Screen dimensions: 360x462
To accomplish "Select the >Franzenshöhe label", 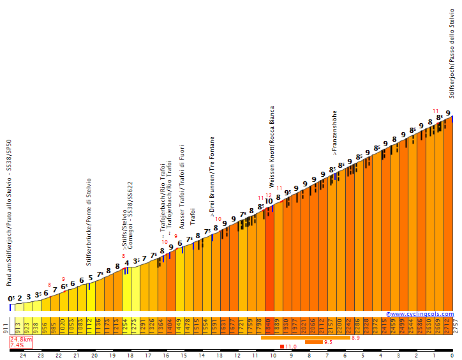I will [334, 133].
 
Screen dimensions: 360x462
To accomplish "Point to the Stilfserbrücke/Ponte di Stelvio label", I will [90, 221].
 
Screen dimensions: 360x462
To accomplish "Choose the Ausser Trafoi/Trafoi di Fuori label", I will [182, 187].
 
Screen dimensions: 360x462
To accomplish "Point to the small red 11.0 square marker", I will [282, 347].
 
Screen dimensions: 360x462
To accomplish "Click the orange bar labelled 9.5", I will [313, 342].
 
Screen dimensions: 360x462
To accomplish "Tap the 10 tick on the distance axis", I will [273, 355].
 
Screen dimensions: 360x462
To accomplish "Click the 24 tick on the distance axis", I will [23, 355].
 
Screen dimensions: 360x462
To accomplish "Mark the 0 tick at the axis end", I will [452, 355].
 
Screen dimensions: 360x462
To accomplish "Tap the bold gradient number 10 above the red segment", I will [269, 201].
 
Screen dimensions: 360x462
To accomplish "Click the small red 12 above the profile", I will [269, 195].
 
